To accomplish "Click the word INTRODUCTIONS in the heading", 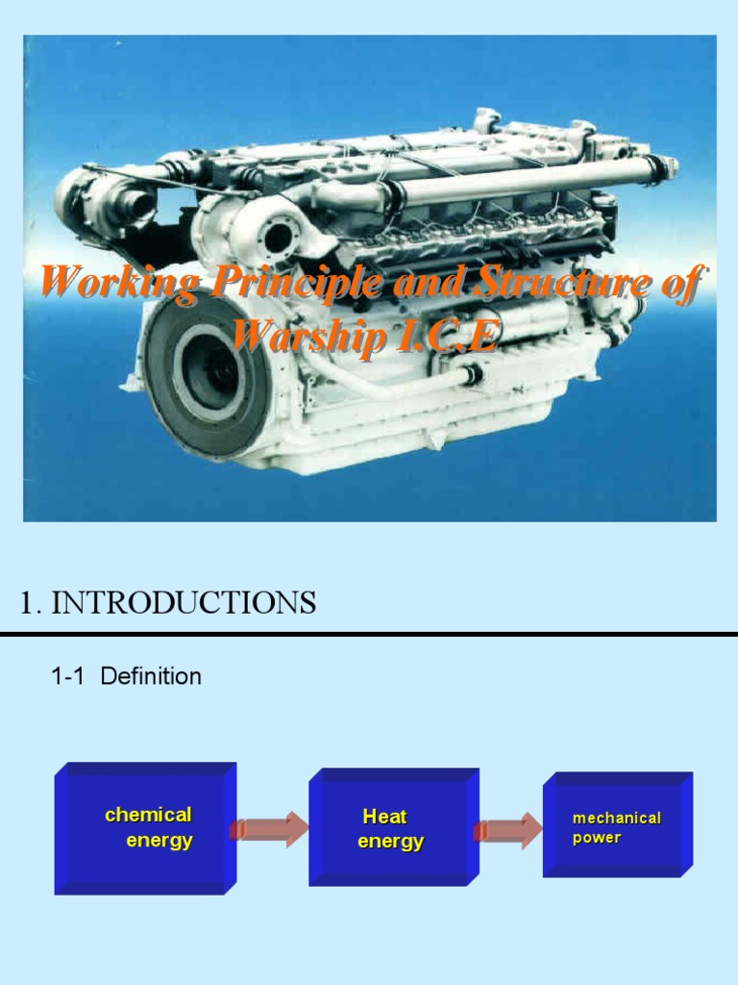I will click(184, 603).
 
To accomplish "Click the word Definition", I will click(151, 676).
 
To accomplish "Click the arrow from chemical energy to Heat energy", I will click(269, 828).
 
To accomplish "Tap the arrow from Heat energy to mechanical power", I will click(507, 830).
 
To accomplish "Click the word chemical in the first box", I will click(148, 815).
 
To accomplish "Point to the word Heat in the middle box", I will click(384, 817).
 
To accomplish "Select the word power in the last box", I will click(597, 838).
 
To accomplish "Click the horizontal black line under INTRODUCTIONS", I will click(369, 635).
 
